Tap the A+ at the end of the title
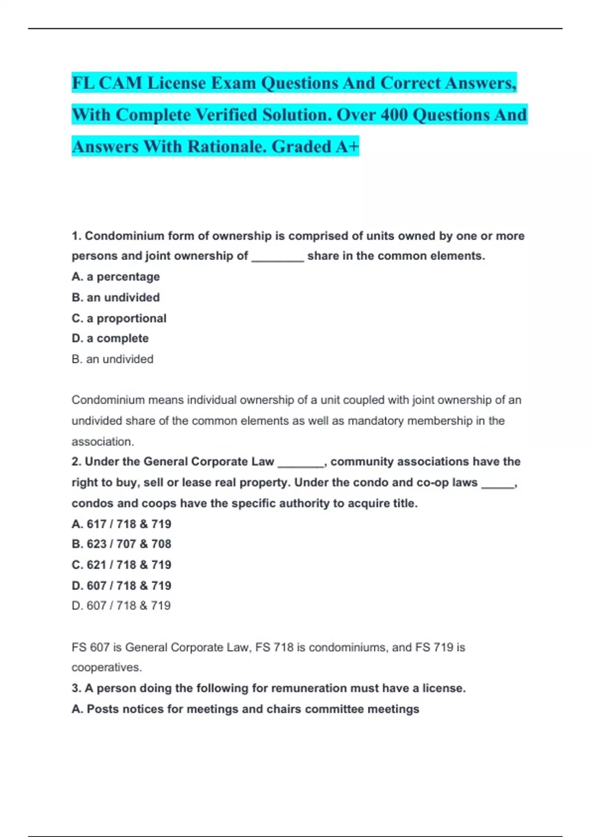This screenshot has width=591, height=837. [x=348, y=146]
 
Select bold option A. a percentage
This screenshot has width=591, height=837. [x=116, y=277]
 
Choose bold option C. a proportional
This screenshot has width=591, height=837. [x=119, y=318]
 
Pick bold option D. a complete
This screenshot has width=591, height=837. [x=110, y=338]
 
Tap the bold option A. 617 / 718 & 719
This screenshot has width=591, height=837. [x=122, y=524]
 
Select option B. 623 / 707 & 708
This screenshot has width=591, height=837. [x=122, y=544]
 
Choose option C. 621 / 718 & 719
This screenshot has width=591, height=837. [x=122, y=565]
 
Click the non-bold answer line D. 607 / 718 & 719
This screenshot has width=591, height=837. [x=121, y=605]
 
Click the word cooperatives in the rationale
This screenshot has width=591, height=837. [x=106, y=667]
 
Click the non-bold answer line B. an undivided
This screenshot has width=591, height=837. [x=112, y=359]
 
